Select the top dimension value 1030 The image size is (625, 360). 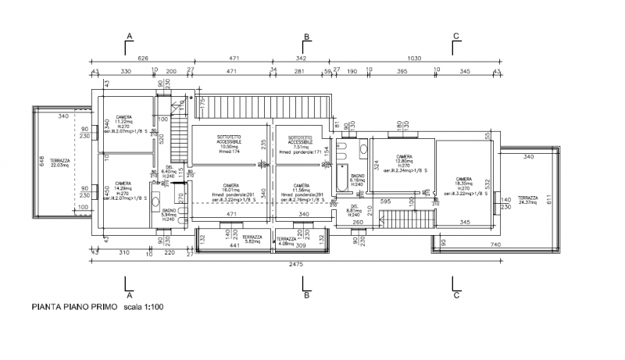click(414, 58)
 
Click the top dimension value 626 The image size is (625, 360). click(143, 58)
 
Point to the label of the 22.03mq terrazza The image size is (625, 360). click(60, 162)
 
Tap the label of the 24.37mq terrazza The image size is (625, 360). click(527, 201)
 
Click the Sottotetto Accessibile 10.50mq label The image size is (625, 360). click(229, 143)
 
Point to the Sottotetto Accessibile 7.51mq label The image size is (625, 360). click(301, 143)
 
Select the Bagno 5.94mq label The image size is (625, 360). click(169, 215)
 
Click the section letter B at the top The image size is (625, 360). click(307, 37)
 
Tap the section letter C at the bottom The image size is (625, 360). click(455, 295)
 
